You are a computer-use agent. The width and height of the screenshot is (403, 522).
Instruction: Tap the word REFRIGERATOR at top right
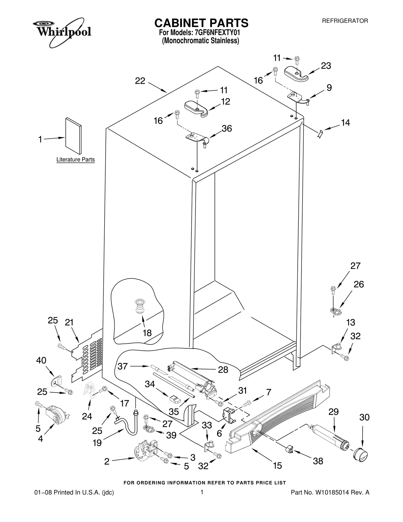[x=345, y=21]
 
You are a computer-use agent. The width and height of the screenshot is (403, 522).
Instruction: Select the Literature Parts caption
[x=75, y=160]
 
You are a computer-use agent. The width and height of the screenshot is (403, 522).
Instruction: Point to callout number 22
[x=140, y=81]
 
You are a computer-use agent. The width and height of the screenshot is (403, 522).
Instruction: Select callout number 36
[x=226, y=129]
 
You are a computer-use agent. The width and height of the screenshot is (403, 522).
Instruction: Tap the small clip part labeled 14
[x=320, y=134]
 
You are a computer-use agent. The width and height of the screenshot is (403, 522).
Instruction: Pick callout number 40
[x=41, y=360]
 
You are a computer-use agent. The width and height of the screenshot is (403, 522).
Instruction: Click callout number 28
[x=223, y=370]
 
